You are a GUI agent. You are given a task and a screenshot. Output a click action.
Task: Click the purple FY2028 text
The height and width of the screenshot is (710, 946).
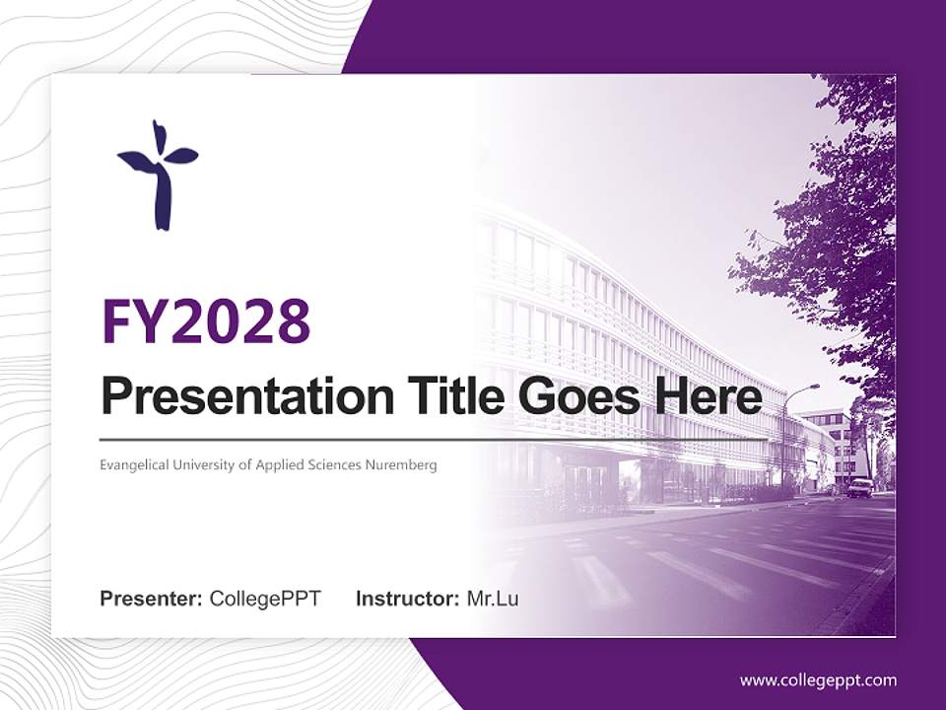tap(206, 320)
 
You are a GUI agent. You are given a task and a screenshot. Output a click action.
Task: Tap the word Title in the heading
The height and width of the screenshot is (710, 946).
tap(450, 396)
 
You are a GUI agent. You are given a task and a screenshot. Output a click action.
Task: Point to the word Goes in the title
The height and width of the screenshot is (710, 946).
tap(574, 396)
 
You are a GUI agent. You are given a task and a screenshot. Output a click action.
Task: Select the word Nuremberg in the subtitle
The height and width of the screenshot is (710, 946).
tap(403, 464)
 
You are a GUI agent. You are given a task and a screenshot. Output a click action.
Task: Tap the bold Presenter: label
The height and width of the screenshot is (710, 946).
tap(152, 599)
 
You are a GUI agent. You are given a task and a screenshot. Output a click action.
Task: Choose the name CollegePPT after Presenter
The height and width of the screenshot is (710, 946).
tap(265, 599)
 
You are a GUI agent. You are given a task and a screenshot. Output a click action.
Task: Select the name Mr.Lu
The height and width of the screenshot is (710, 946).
tap(492, 599)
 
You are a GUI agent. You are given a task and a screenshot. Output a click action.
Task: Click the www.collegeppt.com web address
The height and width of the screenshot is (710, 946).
tap(818, 680)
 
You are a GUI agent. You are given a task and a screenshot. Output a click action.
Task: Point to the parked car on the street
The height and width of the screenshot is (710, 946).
tap(860, 487)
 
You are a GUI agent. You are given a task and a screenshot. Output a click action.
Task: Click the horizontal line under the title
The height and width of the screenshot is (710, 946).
tap(434, 439)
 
